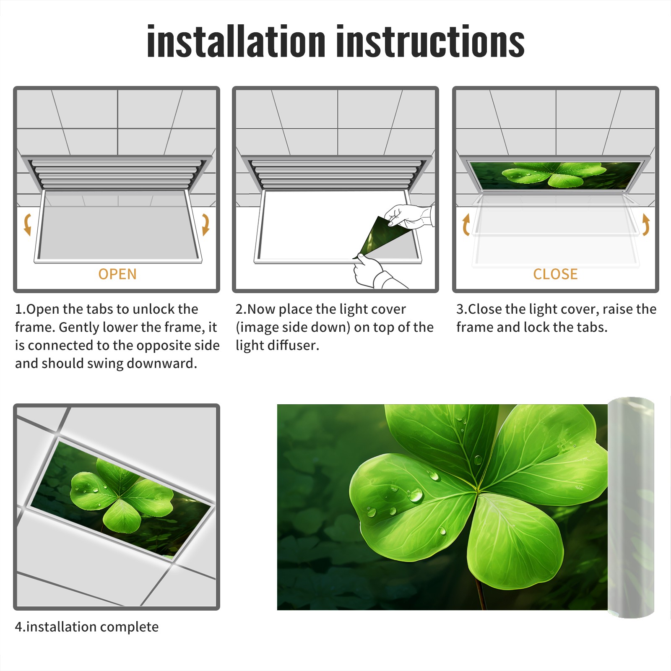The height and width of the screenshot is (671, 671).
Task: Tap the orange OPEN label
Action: pos(117,274)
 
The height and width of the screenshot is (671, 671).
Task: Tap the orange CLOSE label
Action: pos(555,274)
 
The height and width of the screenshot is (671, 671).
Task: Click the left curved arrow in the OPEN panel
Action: pos(27,224)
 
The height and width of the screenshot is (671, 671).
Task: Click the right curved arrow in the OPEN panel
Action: pos(205,224)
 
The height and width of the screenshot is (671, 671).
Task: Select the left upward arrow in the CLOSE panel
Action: pos(466,224)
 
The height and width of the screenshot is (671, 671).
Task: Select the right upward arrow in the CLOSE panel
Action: pos(646,224)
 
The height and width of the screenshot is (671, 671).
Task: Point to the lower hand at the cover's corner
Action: pos(371,270)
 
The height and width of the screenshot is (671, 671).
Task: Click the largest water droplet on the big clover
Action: pos(416,495)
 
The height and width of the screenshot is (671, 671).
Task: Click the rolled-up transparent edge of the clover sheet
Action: pos(631,507)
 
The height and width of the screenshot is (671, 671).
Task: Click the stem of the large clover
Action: pos(481,596)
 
